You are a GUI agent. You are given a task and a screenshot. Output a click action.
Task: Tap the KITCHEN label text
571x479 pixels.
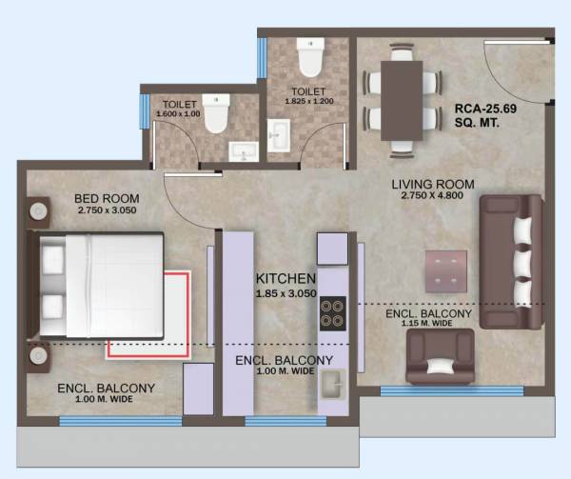click(285, 278)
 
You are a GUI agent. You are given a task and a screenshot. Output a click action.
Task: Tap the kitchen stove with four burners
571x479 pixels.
click(332, 313)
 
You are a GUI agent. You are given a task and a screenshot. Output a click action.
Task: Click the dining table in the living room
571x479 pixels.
click(401, 101)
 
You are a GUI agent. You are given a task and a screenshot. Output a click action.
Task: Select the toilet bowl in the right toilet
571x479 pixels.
click(310, 59)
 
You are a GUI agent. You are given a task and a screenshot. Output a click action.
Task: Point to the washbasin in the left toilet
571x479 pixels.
click(244, 151)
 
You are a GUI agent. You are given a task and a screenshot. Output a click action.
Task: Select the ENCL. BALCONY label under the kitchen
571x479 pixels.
click(284, 360)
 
